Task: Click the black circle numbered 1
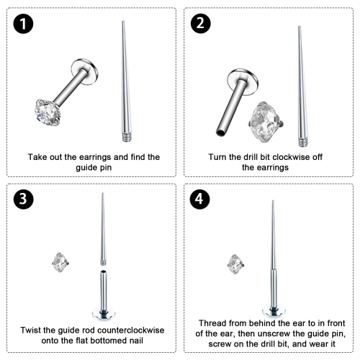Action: pyautogui.click(x=23, y=24)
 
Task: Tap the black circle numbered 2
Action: pyautogui.click(x=201, y=24)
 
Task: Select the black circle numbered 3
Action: pyautogui.click(x=23, y=199)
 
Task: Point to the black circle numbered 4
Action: pyautogui.click(x=199, y=199)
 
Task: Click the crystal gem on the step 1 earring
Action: pyautogui.click(x=48, y=112)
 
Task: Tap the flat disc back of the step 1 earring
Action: pyautogui.click(x=84, y=71)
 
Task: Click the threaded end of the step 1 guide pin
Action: pyautogui.click(x=126, y=136)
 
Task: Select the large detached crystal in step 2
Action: pyautogui.click(x=266, y=122)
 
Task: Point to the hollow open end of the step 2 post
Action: pyautogui.click(x=221, y=132)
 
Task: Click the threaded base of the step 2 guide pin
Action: pyautogui.click(x=303, y=142)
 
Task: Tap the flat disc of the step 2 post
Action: pyautogui.click(x=243, y=82)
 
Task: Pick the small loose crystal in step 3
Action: pyautogui.click(x=60, y=262)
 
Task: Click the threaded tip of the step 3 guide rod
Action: pyautogui.click(x=103, y=263)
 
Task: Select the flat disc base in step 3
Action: pyautogui.click(x=104, y=313)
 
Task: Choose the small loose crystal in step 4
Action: pyautogui.click(x=235, y=264)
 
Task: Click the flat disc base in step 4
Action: pyautogui.click(x=274, y=310)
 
